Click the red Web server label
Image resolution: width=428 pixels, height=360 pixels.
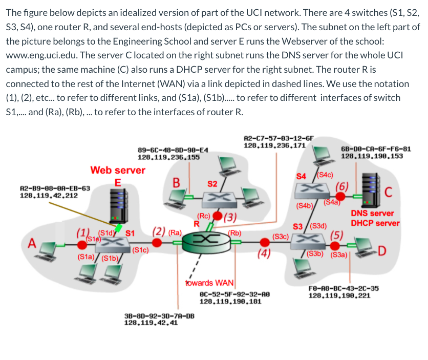(118, 170)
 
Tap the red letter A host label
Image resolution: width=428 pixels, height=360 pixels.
(31, 244)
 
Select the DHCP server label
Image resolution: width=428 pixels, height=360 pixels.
(375, 223)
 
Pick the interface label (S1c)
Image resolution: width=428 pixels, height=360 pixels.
(140, 250)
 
